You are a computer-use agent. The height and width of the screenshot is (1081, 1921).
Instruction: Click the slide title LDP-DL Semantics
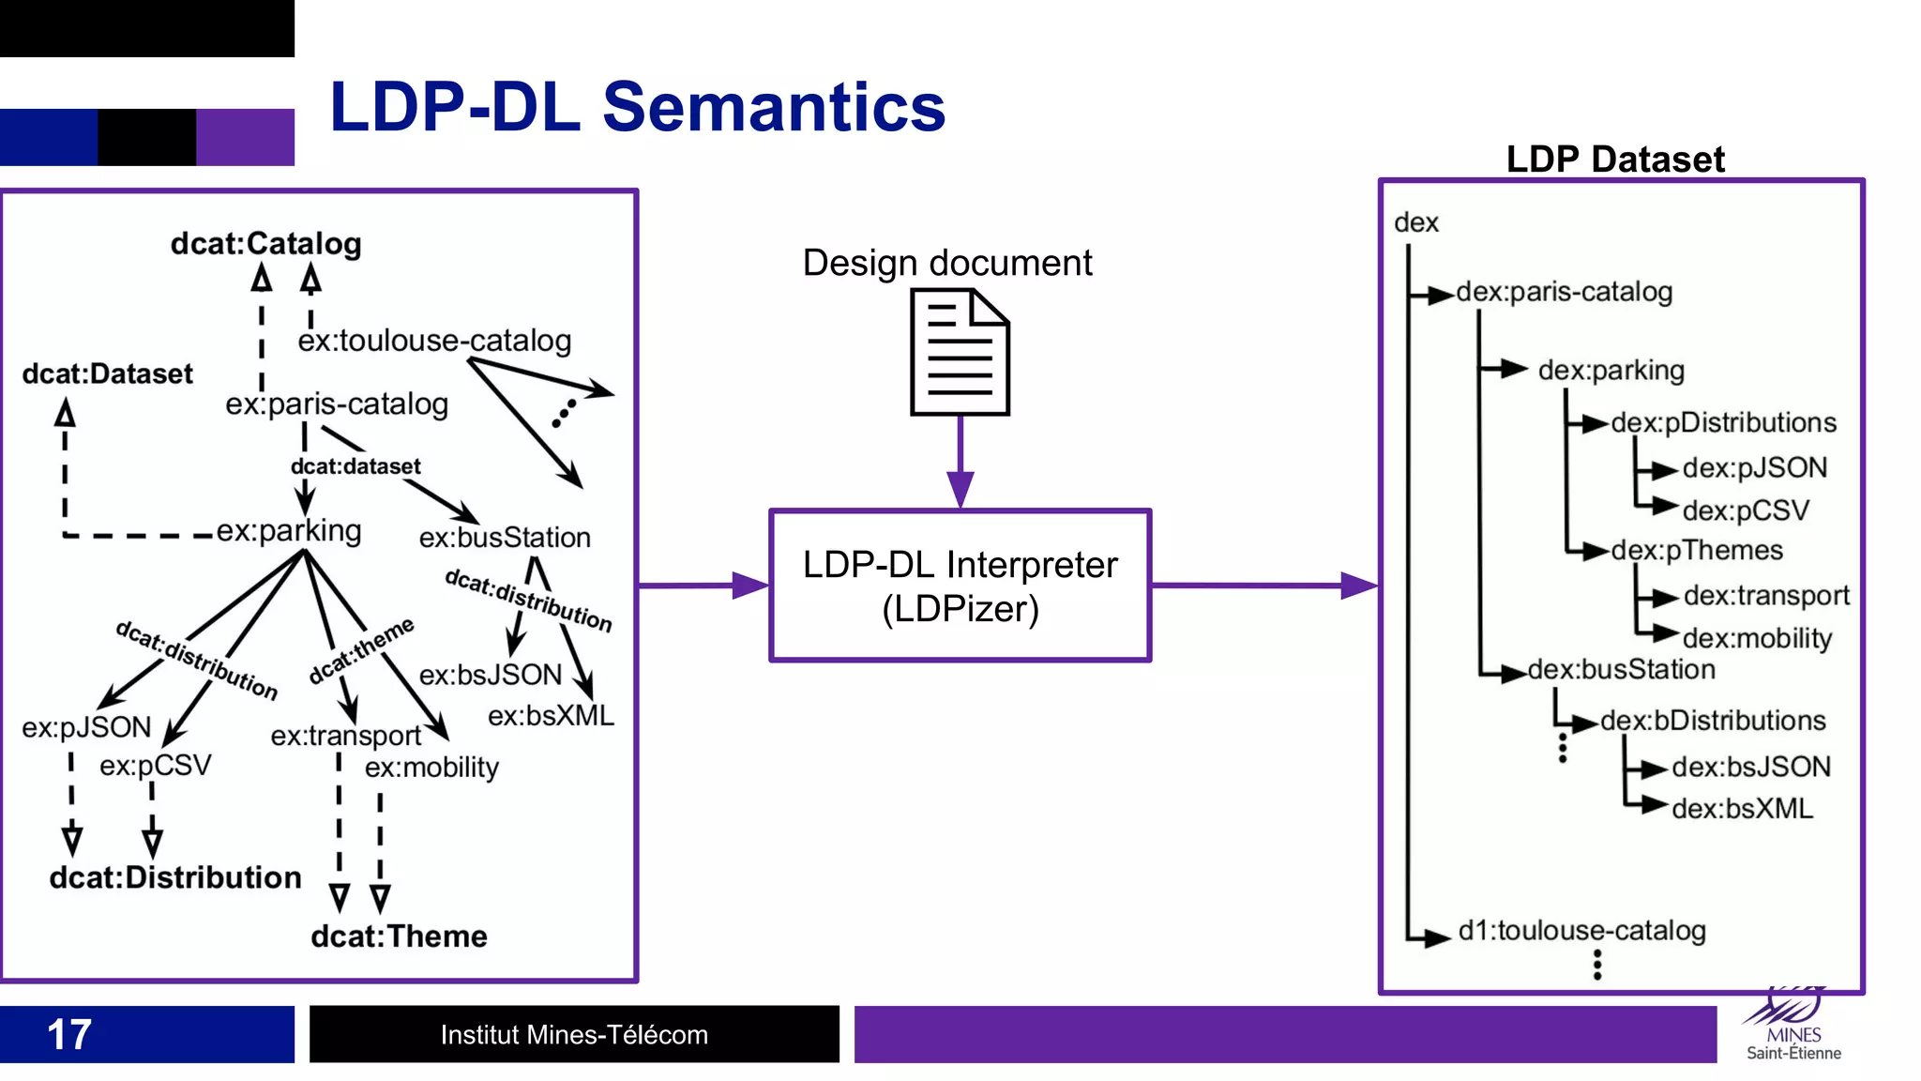tap(637, 107)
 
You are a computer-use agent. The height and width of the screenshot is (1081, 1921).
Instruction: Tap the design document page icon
tap(960, 353)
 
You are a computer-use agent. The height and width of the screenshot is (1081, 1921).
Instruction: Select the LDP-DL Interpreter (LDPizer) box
tap(960, 586)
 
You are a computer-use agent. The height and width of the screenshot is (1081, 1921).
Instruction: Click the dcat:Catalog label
tap(265, 244)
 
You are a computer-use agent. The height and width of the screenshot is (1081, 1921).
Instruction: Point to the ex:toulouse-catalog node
tap(434, 341)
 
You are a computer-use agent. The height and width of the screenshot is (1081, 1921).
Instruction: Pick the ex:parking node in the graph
tap(289, 531)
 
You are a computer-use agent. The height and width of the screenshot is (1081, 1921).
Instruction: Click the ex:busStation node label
tap(505, 538)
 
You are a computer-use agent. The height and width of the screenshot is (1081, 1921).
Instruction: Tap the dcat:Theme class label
tap(399, 936)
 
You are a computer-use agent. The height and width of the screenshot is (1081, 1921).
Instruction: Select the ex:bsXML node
tap(551, 716)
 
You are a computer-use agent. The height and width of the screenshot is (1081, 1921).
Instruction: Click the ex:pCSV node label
tap(156, 766)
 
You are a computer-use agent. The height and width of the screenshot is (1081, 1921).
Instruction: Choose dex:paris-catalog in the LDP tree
tap(1564, 292)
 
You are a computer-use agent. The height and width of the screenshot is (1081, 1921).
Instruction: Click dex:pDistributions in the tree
tap(1723, 423)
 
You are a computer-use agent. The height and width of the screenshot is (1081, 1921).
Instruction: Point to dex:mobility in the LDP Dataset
tap(1757, 639)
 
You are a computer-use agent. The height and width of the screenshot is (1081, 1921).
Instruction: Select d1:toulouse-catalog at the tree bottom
tap(1581, 931)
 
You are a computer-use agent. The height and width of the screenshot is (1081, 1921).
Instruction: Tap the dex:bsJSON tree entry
tap(1750, 768)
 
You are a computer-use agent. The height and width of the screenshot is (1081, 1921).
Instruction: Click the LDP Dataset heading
tap(1615, 160)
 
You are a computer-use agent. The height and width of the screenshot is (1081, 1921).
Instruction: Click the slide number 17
tap(68, 1035)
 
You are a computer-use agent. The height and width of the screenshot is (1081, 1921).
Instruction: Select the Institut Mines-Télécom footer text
tap(574, 1035)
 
